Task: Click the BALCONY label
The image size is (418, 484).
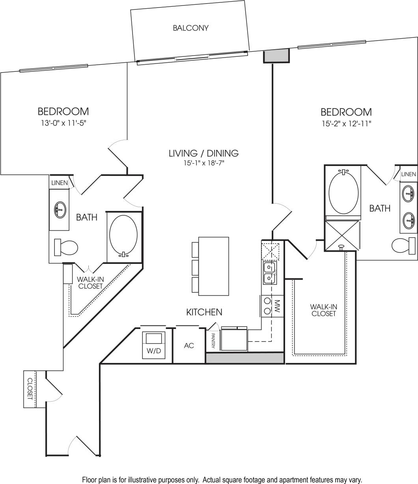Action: (190, 28)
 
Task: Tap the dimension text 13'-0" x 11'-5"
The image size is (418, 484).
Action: (63, 123)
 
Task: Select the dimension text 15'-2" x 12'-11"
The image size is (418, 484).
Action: (346, 123)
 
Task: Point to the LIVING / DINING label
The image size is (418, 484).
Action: (203, 153)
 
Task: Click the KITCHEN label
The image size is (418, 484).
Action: (204, 312)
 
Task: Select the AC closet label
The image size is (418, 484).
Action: (189, 346)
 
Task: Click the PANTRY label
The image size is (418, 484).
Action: (213, 340)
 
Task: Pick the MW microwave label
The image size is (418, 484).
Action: (277, 306)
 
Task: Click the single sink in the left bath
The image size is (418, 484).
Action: (60, 209)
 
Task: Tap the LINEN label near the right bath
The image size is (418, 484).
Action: (408, 174)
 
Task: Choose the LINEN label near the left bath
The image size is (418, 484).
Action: (60, 183)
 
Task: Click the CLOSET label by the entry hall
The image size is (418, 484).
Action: (30, 389)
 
